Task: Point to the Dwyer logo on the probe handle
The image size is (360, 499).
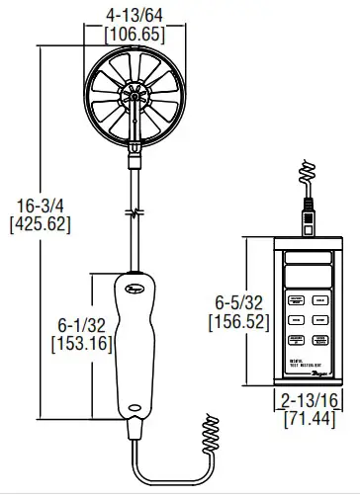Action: (x=132, y=289)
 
